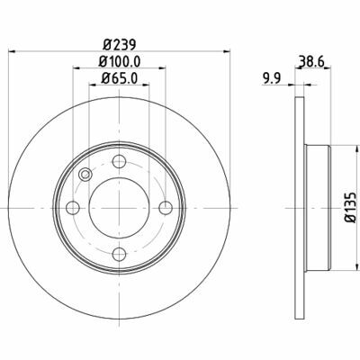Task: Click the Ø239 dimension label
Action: point(120,45)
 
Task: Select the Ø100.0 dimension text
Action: point(120,61)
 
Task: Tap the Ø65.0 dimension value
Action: point(120,78)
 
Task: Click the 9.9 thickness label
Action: point(272,79)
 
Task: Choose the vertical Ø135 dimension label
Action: point(350,208)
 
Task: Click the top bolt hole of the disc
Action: point(119,161)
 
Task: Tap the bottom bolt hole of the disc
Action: point(119,255)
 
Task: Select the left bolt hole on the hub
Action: point(73,208)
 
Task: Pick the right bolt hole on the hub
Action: point(166,208)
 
